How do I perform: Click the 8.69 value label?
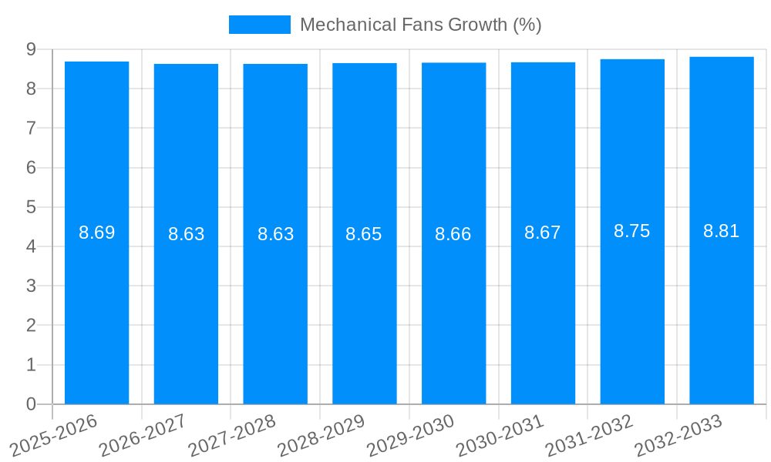tap(96, 233)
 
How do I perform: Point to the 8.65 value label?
tap(364, 234)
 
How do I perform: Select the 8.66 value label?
tap(453, 234)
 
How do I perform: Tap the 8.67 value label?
tap(543, 233)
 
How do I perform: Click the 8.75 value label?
tap(632, 231)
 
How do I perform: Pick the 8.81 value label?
tap(722, 231)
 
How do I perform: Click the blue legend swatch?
tap(259, 25)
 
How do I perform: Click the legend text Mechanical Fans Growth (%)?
tap(420, 25)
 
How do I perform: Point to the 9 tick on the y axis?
tap(31, 49)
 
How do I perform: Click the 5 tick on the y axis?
tap(31, 207)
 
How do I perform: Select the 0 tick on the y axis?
tap(31, 404)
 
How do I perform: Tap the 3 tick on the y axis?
tap(31, 286)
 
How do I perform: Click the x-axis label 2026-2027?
tap(143, 435)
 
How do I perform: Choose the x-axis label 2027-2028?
tap(232, 435)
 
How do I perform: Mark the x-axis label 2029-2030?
tap(411, 435)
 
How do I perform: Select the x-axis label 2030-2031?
tap(500, 435)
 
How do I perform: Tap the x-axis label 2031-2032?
tap(589, 435)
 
